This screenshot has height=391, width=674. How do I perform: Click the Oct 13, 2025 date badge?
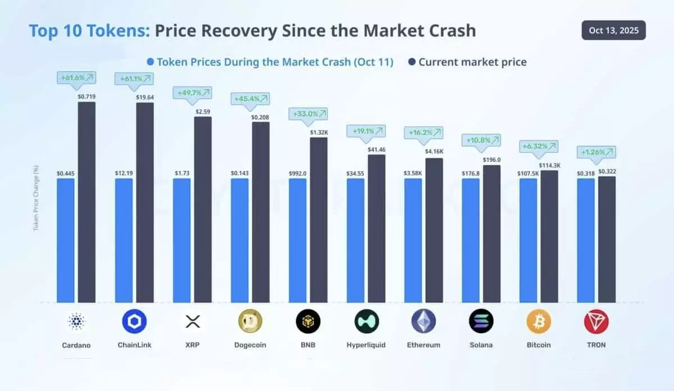[x=613, y=30]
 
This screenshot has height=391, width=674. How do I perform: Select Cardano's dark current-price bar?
[x=86, y=202]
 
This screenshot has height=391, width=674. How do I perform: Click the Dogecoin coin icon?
[x=251, y=321]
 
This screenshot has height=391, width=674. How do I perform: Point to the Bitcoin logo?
[x=539, y=321]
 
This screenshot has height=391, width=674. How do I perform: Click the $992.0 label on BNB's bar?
[x=298, y=174]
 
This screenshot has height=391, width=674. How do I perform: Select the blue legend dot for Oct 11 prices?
[x=150, y=62]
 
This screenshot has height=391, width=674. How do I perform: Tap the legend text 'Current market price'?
[x=472, y=62]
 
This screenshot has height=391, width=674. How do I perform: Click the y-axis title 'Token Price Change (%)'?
[x=36, y=198]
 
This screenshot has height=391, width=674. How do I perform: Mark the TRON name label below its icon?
[x=596, y=345]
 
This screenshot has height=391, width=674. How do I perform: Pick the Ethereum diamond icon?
[x=423, y=321]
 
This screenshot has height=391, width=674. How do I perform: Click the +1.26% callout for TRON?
[x=596, y=152]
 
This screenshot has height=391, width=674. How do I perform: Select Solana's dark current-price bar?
[x=491, y=234]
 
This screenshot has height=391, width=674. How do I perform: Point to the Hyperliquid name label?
[x=366, y=345]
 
